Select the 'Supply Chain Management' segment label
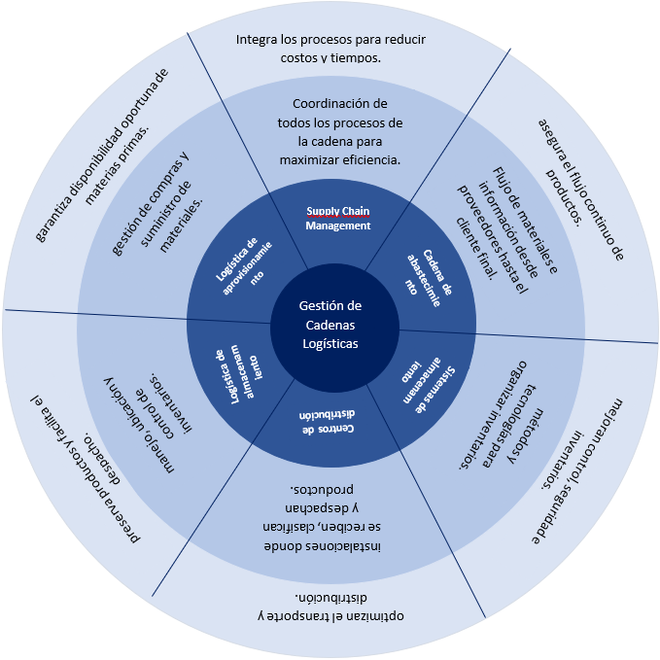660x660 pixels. (338, 219)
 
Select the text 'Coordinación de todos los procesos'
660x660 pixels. (339, 130)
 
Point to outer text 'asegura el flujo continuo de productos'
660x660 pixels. (573, 185)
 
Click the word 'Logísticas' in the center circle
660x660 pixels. (330, 343)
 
